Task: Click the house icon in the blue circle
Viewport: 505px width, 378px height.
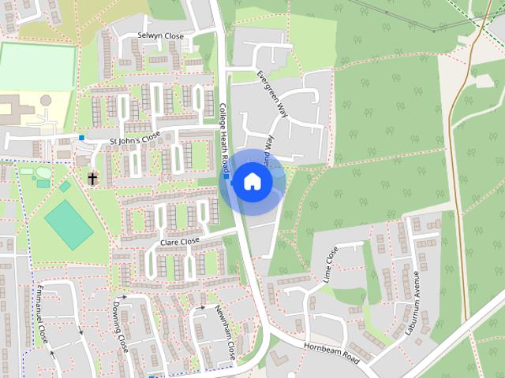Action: (252, 181)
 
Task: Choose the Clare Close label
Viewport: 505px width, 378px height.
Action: (180, 242)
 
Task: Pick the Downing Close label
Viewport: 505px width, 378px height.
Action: (120, 325)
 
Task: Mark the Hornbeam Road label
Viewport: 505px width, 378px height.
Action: (331, 352)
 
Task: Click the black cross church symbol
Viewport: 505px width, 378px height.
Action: (92, 179)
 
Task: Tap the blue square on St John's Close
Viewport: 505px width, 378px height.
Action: (82, 138)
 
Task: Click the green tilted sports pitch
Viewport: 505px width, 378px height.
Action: (69, 224)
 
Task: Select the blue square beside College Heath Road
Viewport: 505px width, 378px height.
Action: (226, 177)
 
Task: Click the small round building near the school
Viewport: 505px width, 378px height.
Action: (46, 100)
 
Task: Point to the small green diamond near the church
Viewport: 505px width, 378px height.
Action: (65, 187)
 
